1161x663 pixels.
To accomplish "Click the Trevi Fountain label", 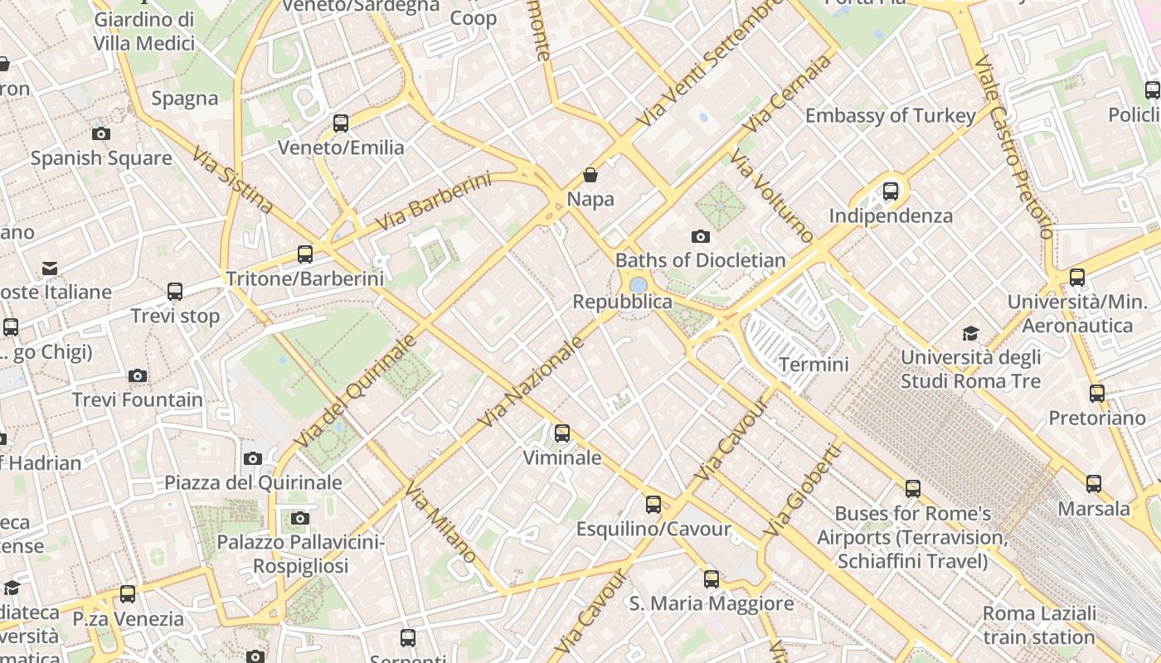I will (137, 399).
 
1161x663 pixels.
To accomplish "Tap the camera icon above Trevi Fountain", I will (138, 376).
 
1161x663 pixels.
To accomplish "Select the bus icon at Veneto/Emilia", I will (340, 123).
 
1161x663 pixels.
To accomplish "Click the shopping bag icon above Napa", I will (590, 175).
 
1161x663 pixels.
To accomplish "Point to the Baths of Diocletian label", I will (700, 260).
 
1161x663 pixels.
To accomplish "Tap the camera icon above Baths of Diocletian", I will (700, 237).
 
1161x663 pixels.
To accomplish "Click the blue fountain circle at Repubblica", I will (638, 285).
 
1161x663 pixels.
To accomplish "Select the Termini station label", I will (814, 364).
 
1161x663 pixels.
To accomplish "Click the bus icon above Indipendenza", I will (891, 191).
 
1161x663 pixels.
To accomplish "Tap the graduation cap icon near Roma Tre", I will (970, 333).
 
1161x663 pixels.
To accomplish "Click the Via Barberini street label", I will (433, 202).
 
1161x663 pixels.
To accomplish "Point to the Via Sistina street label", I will (232, 180).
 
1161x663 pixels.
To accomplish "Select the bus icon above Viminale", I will (562, 433).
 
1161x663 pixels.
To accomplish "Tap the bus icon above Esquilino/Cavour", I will (653, 504).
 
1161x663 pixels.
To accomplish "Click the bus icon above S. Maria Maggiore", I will (712, 579).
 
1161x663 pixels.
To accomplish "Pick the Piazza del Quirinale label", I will (253, 482).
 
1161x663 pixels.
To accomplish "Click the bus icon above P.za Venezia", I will (128, 594).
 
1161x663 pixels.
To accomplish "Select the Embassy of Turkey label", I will (890, 115).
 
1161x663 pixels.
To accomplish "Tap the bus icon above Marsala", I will (1094, 484).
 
